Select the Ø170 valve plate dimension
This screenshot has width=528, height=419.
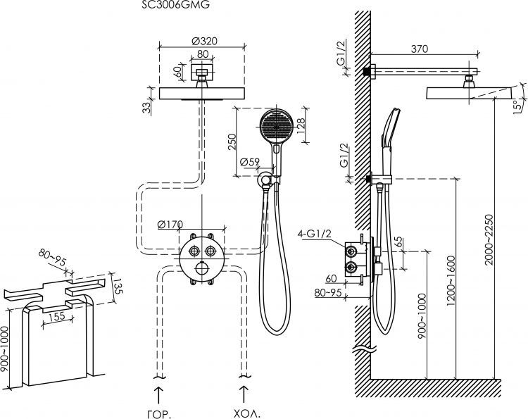[170, 225]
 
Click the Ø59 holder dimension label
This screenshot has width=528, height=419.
[250, 162]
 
